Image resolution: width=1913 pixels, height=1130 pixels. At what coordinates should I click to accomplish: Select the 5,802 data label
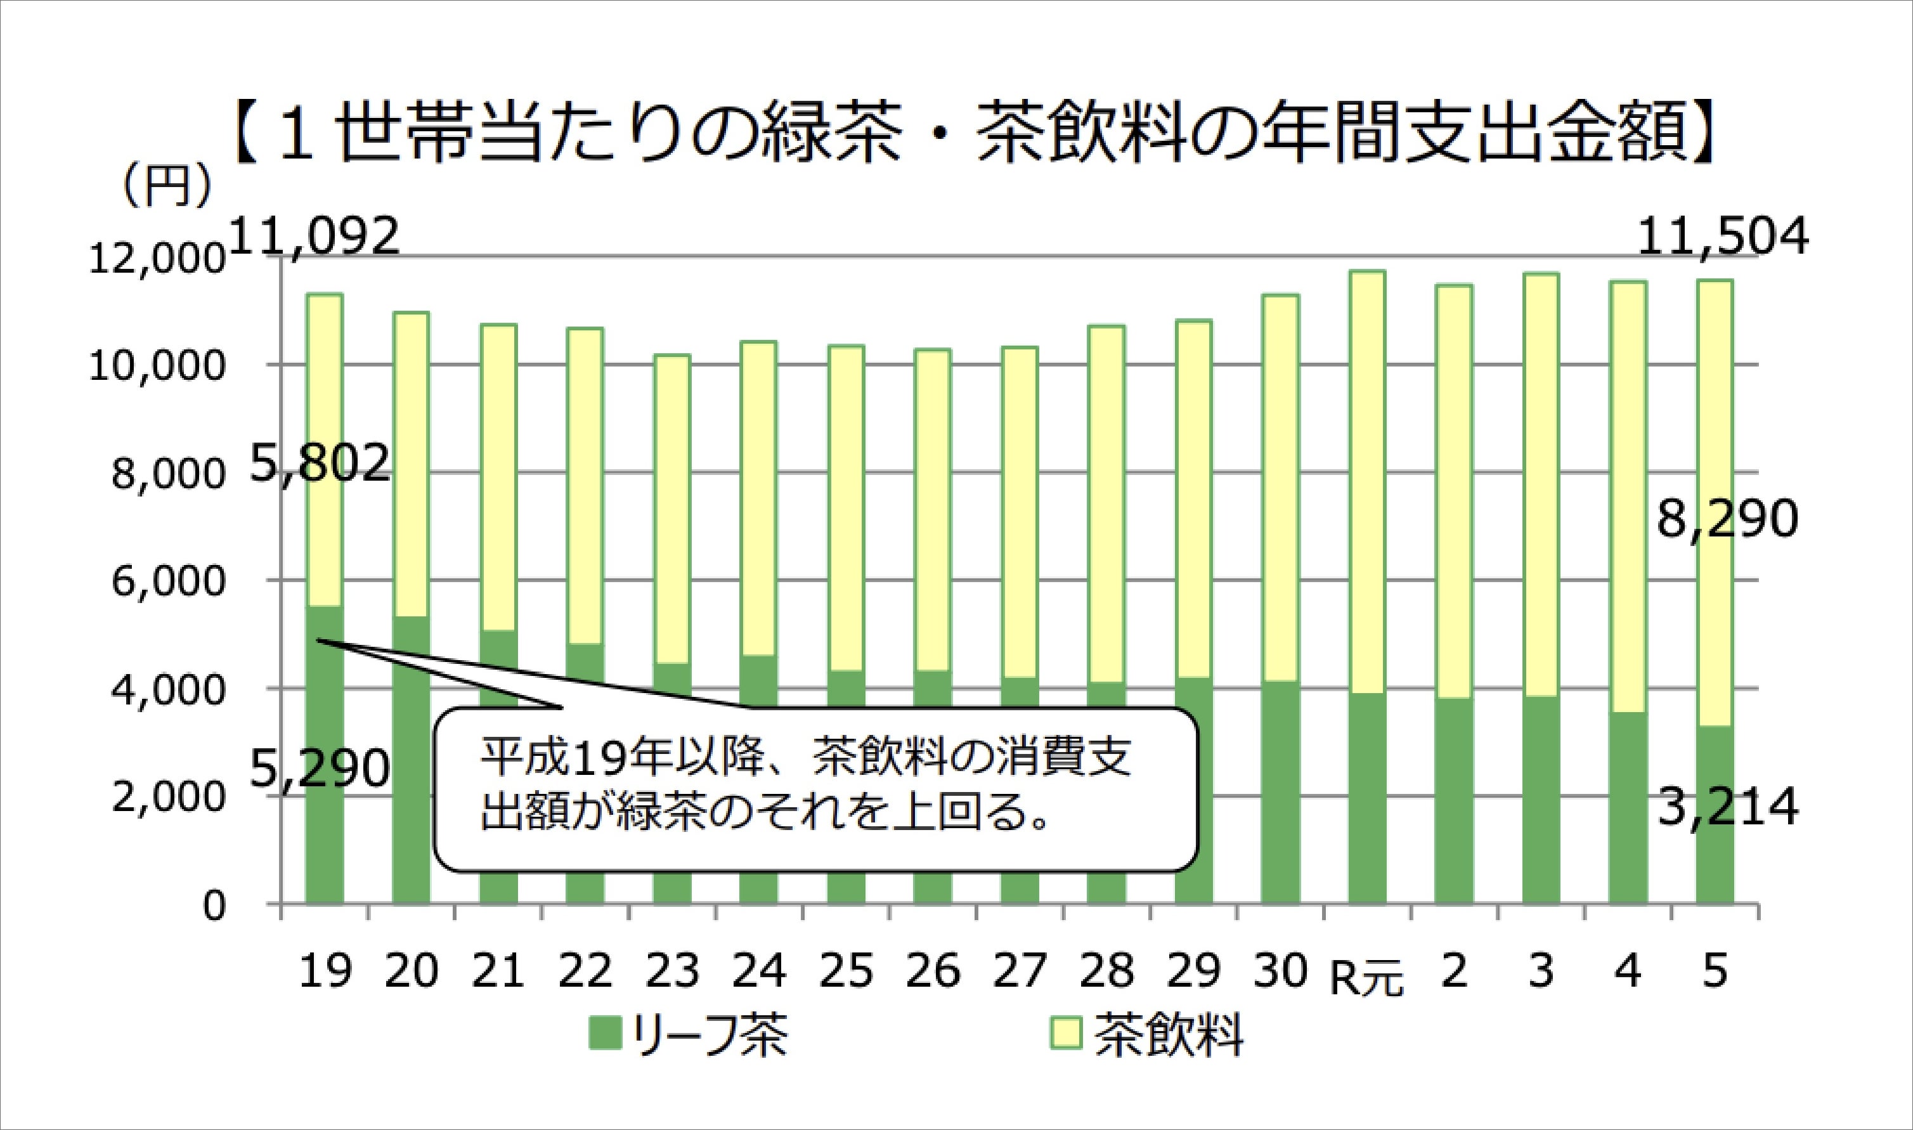pos(320,464)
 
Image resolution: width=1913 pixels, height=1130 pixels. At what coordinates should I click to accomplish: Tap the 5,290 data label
pos(320,769)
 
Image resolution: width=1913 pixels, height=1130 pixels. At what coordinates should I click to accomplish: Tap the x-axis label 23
pos(672,971)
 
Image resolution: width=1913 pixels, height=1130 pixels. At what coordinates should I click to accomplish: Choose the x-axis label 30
pos(1280,971)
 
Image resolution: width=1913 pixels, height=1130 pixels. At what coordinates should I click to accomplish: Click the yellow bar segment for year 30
pos(1280,488)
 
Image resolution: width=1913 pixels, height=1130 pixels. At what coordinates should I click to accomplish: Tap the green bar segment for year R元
pos(1366,800)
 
